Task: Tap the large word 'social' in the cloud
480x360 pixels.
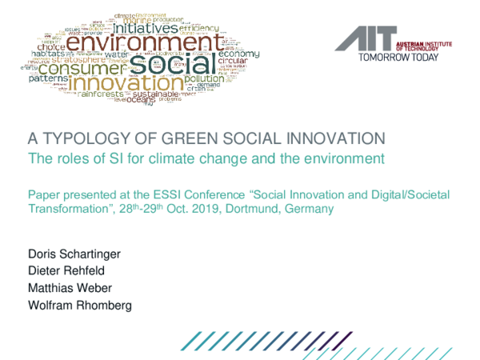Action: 167,63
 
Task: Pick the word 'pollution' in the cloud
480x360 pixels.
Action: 206,79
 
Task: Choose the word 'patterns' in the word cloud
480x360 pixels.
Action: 51,78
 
